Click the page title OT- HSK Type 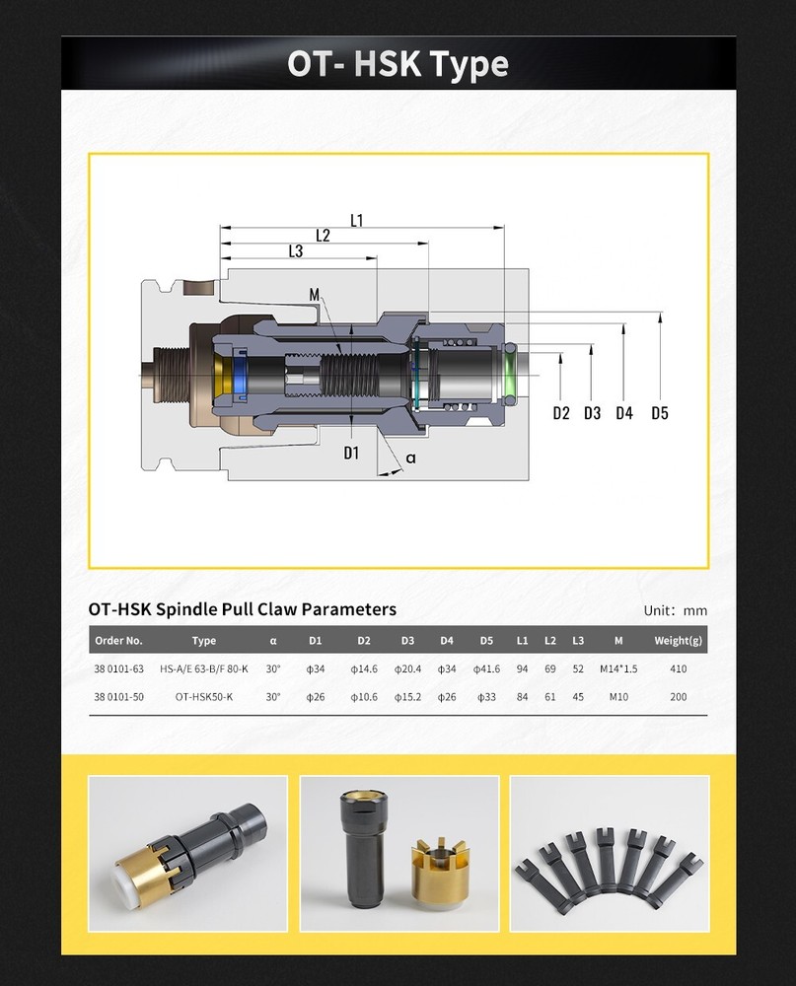398,64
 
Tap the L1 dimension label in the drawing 357,221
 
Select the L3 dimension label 295,251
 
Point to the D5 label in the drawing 659,413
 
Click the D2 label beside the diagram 561,413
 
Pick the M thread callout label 315,295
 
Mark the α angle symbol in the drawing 410,458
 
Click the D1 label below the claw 352,454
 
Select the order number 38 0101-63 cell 118,669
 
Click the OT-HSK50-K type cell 204,696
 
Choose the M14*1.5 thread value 618,669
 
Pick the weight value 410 678,669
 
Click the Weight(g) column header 678,641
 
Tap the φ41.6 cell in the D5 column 486,669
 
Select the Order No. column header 118,641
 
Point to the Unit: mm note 675,610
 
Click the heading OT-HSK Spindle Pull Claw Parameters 242,609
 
